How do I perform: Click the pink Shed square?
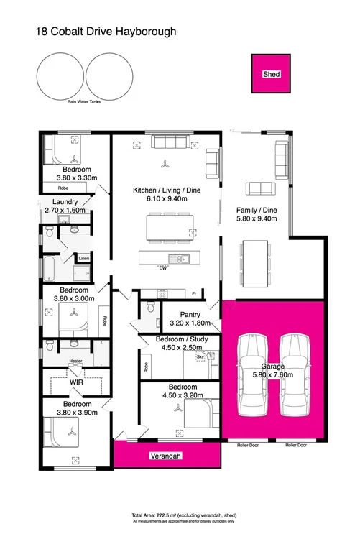[271, 74]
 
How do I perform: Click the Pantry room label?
[190, 314]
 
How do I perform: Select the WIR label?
[77, 382]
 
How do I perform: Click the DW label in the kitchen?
[165, 267]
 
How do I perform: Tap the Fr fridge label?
[194, 293]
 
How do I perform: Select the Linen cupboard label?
[83, 258]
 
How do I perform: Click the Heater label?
[75, 361]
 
